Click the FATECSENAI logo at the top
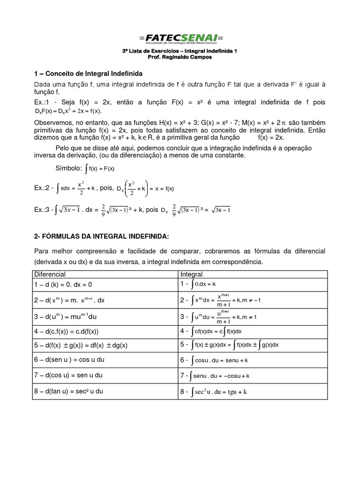[180, 38]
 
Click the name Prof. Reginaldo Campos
[180, 57]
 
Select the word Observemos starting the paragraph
[53, 122]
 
